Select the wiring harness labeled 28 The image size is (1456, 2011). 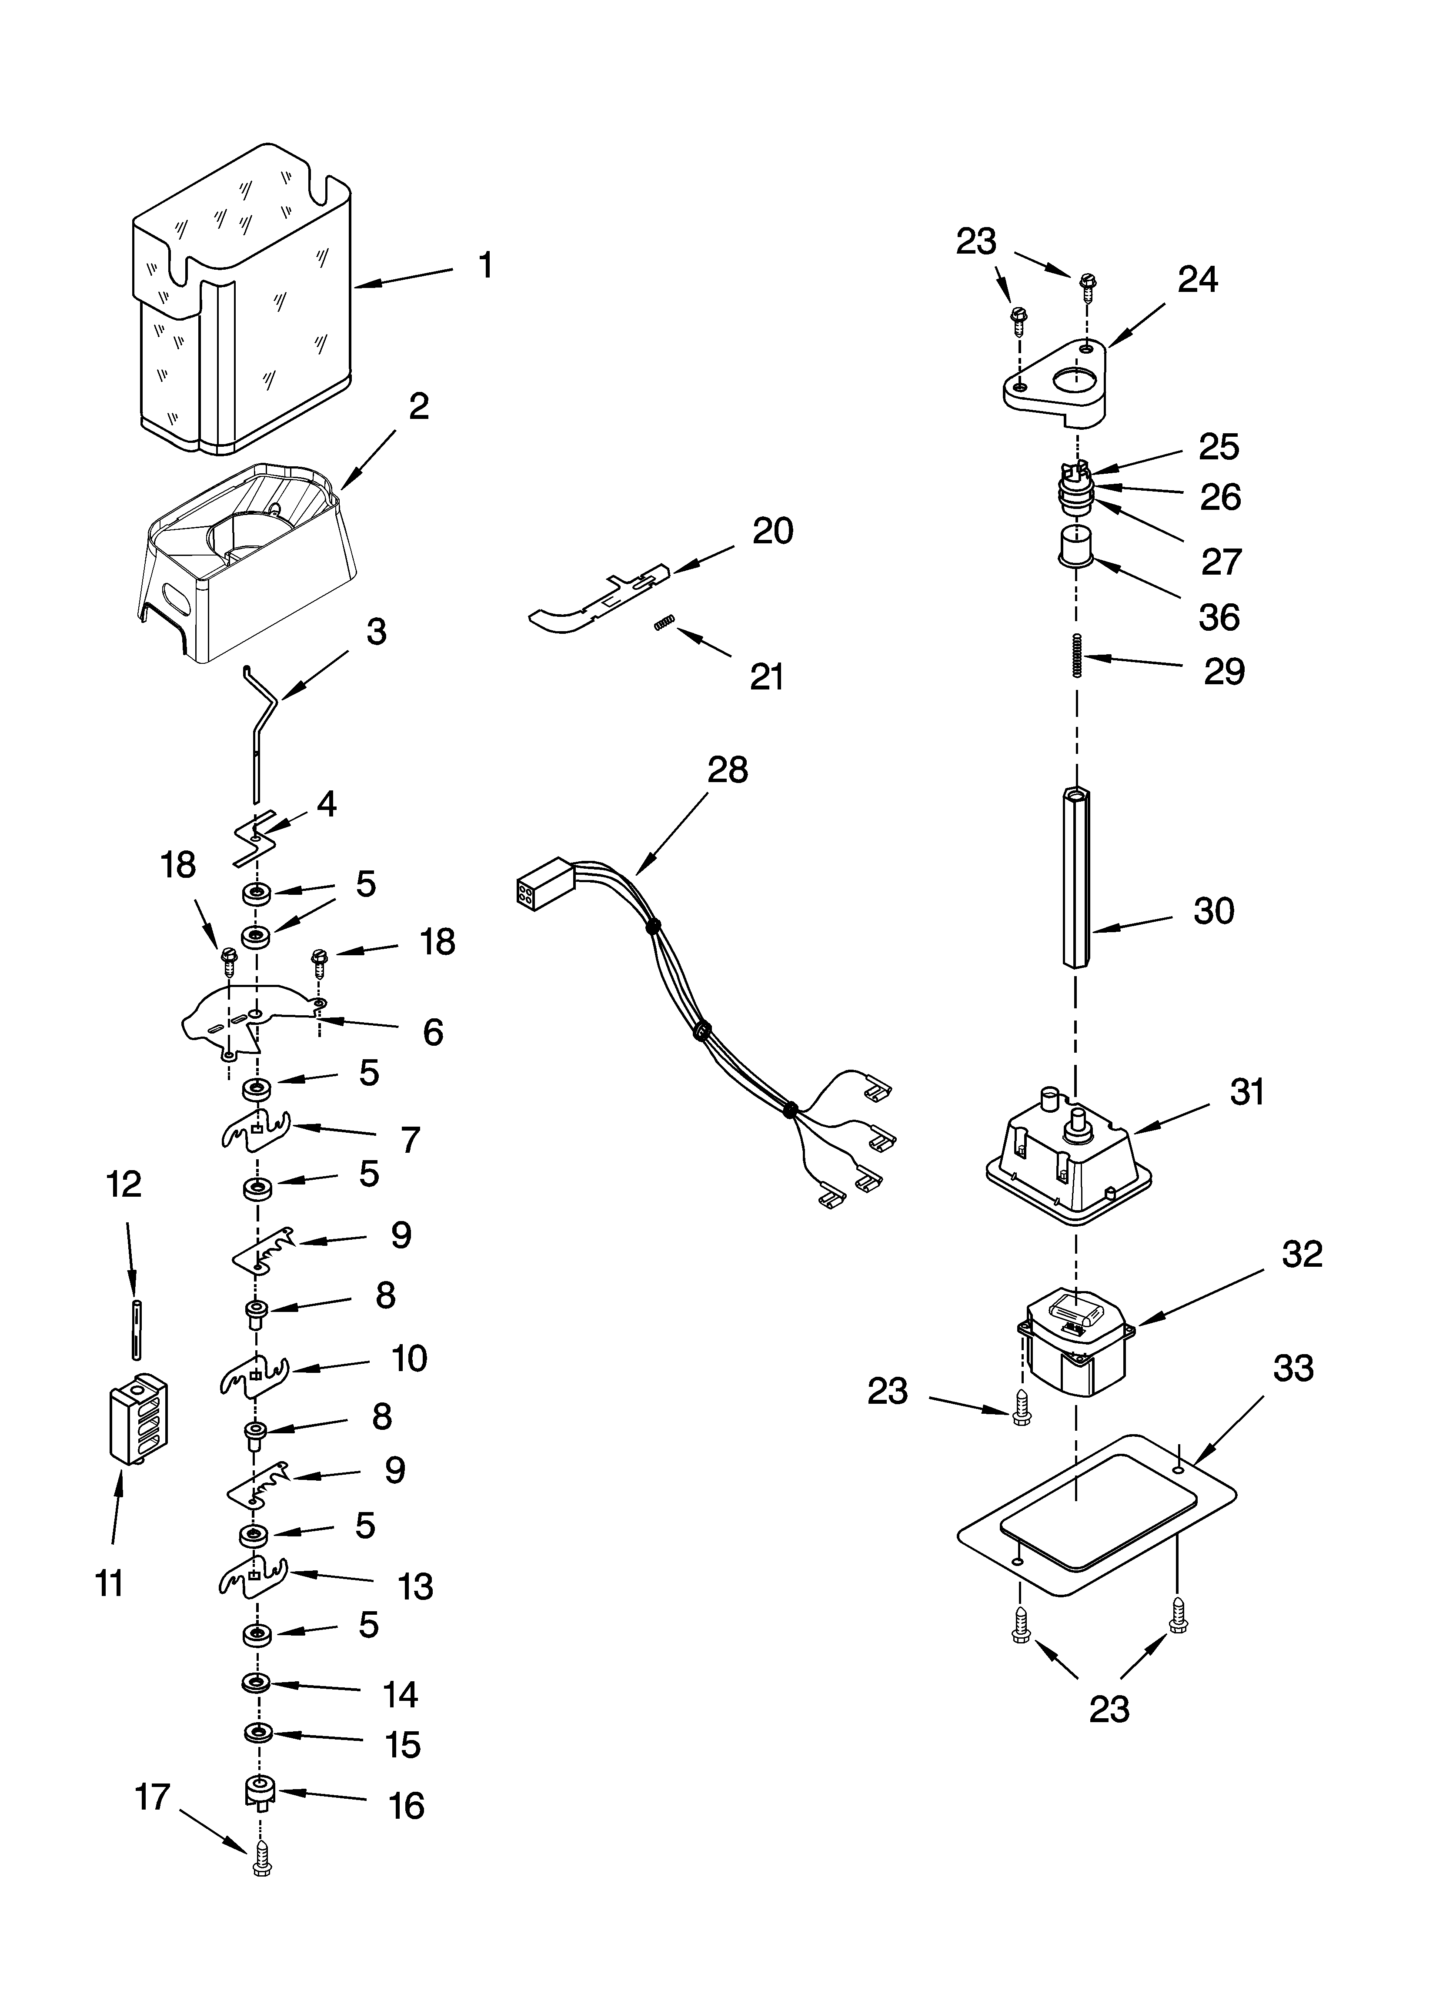701,1028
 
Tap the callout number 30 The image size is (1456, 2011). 1213,911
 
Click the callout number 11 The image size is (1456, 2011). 109,1583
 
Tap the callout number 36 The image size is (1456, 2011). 1219,617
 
